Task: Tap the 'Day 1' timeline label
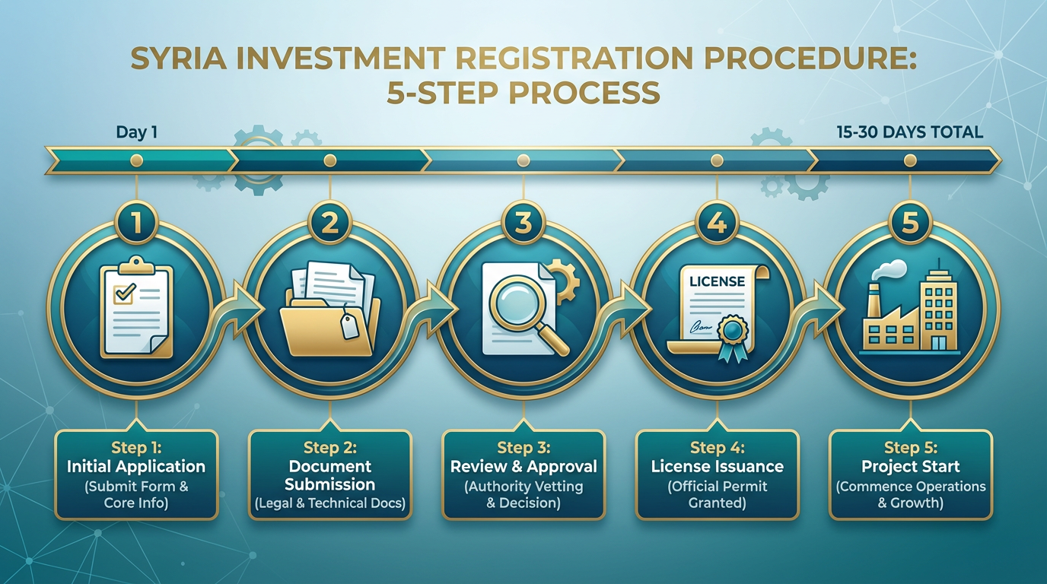pos(136,132)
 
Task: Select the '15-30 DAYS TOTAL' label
pos(910,132)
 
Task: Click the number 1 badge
pos(136,223)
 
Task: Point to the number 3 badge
pos(523,223)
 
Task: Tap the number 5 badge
pos(910,223)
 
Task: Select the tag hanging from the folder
pos(349,325)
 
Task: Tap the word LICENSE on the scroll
pos(717,281)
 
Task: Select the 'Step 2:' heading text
pos(330,448)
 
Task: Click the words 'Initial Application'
pos(136,466)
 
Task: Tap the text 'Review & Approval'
pos(523,466)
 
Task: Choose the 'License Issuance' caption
pos(717,466)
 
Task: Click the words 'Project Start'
pos(911,466)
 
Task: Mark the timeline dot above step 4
pos(717,160)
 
